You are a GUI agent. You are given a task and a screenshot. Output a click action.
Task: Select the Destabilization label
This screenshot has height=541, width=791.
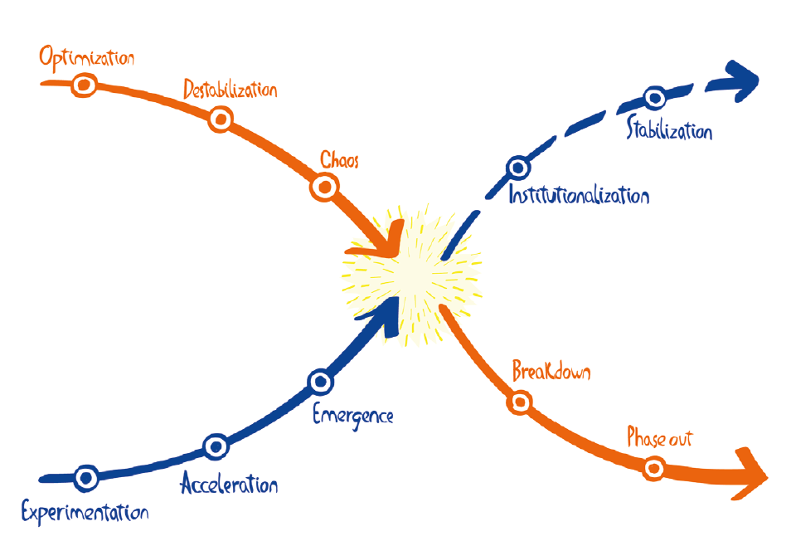coord(230,90)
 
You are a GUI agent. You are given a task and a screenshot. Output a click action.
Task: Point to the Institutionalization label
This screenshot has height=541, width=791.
coord(578,197)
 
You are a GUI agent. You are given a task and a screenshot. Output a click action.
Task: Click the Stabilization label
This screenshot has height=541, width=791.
coord(669,130)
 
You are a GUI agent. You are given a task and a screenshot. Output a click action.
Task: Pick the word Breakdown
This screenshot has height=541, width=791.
coord(551,371)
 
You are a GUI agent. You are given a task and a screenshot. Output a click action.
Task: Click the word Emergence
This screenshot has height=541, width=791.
coord(352,415)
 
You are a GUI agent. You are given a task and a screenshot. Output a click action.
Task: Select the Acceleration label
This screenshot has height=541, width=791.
coord(229,485)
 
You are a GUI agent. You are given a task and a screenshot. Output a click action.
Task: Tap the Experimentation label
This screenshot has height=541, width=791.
coord(85,512)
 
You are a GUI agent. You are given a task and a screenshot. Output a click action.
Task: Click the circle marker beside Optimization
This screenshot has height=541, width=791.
coord(84,85)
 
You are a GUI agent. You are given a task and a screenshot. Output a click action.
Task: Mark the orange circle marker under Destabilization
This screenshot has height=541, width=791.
coord(220,120)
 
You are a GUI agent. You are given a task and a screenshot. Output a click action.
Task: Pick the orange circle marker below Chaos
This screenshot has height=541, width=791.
coord(323,188)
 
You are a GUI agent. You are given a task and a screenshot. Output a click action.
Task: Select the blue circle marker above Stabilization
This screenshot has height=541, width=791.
coord(654,99)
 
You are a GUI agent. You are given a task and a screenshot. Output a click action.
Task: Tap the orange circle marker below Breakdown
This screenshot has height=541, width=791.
coord(519,402)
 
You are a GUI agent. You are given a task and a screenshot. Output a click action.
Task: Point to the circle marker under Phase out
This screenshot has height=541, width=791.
coord(654,469)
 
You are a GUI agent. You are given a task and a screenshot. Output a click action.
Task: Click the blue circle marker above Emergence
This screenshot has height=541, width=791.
coord(320,383)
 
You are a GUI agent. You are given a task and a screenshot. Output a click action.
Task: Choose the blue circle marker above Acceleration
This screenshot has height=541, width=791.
coord(216,446)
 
